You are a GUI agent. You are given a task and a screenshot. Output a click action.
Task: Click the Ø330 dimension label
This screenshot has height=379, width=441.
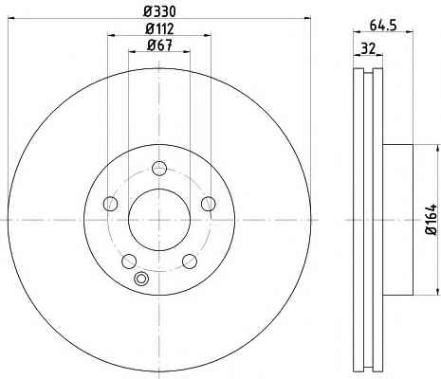click(159, 11)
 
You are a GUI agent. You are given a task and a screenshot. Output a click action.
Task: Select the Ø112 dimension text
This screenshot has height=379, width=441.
click(159, 29)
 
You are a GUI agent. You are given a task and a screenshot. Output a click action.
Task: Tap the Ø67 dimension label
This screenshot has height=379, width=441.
click(159, 45)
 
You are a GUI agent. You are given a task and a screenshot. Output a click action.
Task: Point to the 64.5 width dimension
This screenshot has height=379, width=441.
click(383, 26)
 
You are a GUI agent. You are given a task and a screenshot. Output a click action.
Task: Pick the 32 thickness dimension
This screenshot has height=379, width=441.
click(368, 48)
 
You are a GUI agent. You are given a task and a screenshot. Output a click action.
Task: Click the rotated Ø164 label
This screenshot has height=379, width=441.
click(432, 220)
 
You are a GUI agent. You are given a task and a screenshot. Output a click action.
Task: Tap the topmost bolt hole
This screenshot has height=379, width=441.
click(159, 168)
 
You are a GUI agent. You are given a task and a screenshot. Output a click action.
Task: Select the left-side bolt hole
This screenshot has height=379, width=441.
click(110, 204)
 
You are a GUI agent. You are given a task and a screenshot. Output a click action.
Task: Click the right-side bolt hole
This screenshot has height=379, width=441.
click(209, 204)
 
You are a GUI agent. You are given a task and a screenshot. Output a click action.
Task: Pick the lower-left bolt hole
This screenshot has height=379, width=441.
click(129, 262)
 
